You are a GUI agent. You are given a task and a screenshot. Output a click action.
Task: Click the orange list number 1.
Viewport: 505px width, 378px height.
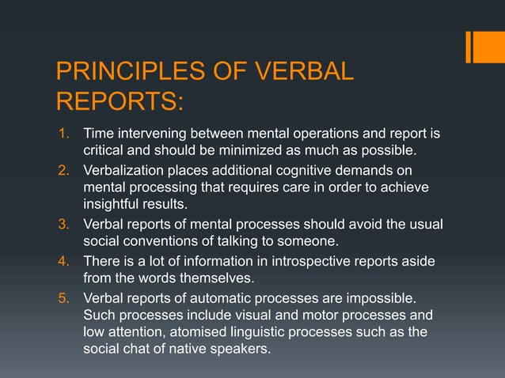[x=66, y=132]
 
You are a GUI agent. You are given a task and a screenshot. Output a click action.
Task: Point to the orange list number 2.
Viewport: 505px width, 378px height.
[x=66, y=171]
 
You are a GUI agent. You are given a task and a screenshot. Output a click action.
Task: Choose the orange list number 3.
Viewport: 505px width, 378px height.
[x=66, y=225]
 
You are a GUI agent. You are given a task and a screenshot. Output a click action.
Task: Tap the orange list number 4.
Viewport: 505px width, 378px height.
[x=66, y=262]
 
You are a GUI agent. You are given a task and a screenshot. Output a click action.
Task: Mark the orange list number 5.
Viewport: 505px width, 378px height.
[x=66, y=300]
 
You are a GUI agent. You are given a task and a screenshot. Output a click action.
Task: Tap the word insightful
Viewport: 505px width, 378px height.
[x=113, y=206]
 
